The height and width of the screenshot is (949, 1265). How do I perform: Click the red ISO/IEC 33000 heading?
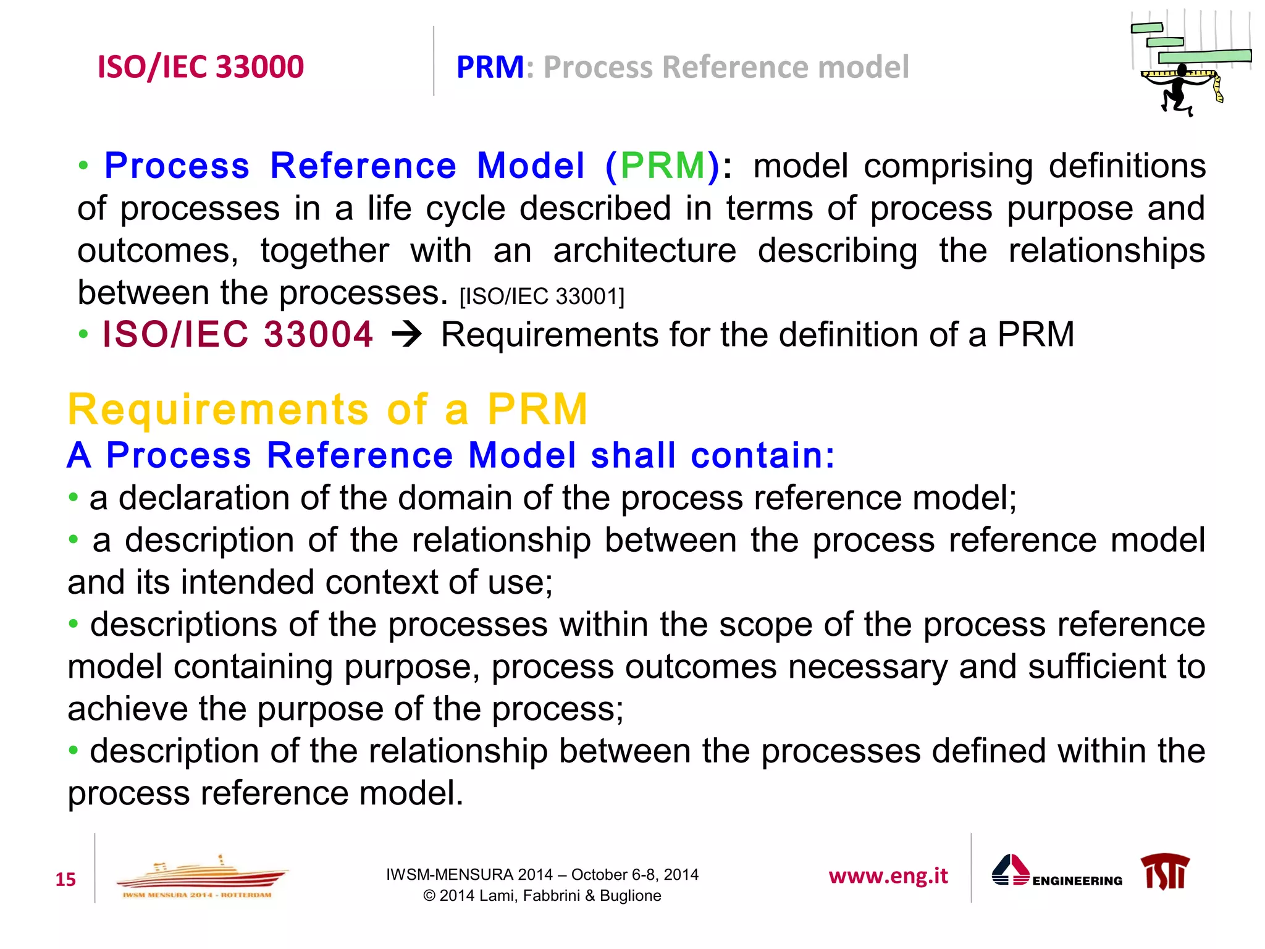click(201, 67)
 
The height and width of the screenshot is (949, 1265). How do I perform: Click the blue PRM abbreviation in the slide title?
click(490, 67)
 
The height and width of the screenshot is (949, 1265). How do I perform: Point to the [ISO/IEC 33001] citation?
click(542, 297)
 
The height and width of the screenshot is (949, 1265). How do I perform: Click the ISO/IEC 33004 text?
click(238, 334)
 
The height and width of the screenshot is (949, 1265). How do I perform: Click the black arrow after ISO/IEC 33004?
click(407, 335)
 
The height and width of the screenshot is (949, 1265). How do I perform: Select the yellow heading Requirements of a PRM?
click(327, 409)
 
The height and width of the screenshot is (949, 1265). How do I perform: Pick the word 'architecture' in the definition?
click(644, 251)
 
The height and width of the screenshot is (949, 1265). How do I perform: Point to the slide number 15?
click(65, 879)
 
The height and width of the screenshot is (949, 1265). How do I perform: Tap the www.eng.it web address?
click(888, 876)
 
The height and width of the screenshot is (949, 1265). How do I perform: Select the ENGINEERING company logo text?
click(1077, 881)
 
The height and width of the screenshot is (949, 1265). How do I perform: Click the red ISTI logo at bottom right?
click(1165, 871)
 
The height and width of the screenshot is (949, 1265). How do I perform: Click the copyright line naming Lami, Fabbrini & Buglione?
click(542, 896)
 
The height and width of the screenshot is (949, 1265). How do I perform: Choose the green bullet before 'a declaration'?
click(74, 497)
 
